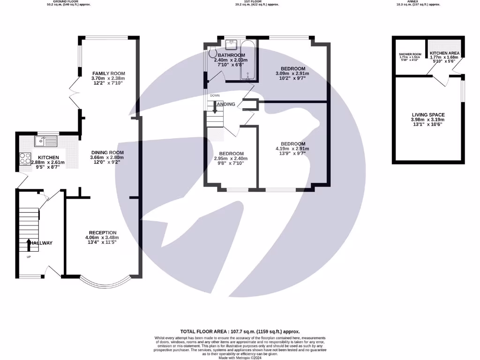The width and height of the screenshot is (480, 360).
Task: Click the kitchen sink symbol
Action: pyautogui.click(x=45, y=140)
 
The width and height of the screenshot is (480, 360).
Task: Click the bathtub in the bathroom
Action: pyautogui.click(x=247, y=61)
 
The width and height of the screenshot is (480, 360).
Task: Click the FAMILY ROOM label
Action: pyautogui.click(x=108, y=74)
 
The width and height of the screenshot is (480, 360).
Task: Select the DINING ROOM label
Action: pyautogui.click(x=107, y=152)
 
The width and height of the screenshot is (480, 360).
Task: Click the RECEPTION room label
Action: pyautogui.click(x=103, y=232)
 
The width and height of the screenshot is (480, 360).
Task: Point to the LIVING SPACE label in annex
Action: pyautogui.click(x=428, y=115)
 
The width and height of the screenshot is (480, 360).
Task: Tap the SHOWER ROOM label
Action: pyautogui.click(x=407, y=54)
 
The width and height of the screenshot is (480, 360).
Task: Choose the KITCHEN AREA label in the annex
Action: pyautogui.click(x=444, y=53)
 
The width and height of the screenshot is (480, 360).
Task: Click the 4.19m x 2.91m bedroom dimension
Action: pyautogui.click(x=293, y=149)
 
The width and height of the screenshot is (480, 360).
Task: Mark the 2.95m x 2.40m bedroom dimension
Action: pyautogui.click(x=231, y=158)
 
